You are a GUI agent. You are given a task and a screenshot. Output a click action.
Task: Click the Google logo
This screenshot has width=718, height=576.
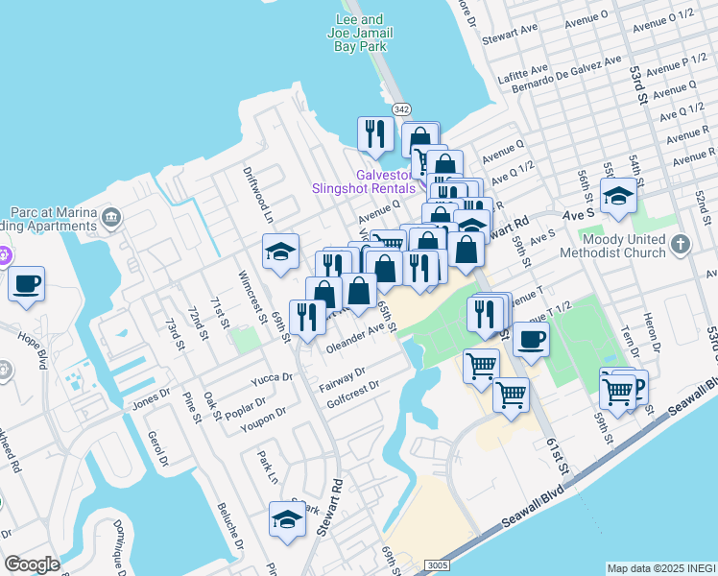(x=33, y=564)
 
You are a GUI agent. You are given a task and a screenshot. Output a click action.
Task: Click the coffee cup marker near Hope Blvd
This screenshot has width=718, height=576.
(x=27, y=284)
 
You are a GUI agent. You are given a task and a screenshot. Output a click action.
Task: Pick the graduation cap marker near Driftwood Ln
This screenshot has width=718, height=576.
(x=281, y=252)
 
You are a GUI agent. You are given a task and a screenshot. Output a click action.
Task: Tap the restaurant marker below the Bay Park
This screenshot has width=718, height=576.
(x=375, y=133)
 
